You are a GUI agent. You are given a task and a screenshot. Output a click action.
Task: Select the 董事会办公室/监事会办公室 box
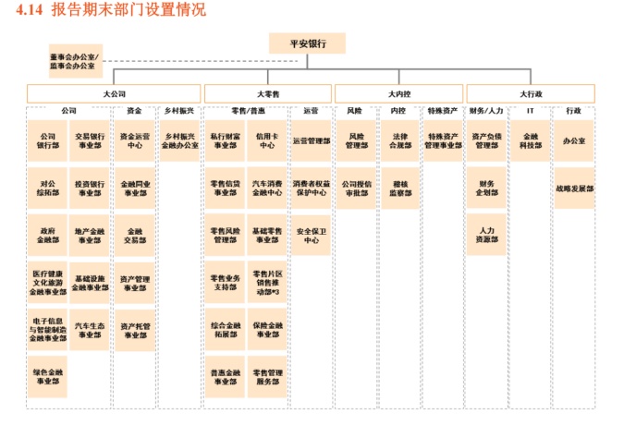pyautogui.click(x=74, y=61)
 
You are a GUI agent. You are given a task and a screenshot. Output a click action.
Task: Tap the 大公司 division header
pyautogui.click(x=114, y=93)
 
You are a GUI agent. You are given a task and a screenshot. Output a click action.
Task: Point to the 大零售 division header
pyautogui.click(x=267, y=93)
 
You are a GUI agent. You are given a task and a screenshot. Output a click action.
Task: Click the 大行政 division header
pyautogui.click(x=531, y=93)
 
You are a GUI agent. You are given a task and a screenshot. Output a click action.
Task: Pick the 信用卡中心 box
pyautogui.click(x=267, y=140)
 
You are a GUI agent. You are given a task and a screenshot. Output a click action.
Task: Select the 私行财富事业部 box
pyautogui.click(x=225, y=140)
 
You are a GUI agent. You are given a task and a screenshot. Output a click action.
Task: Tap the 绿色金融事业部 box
pyautogui.click(x=47, y=376)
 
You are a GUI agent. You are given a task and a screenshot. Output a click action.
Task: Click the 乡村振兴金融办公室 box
pyautogui.click(x=180, y=140)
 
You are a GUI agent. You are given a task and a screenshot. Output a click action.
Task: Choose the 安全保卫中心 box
pyautogui.click(x=312, y=235)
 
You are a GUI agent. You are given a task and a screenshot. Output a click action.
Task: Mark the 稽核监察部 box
pyautogui.click(x=399, y=188)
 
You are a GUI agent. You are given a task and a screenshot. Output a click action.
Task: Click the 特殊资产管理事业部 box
pyautogui.click(x=443, y=140)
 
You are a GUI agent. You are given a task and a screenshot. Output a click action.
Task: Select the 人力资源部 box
pyautogui.click(x=487, y=235)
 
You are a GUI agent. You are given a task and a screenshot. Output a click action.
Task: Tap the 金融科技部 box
pyautogui.click(x=531, y=140)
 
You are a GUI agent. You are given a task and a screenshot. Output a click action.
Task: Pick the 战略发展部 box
pyautogui.click(x=575, y=188)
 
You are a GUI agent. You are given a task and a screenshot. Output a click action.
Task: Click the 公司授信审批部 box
pyautogui.click(x=356, y=188)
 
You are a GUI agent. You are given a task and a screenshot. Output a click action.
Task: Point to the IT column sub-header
pyautogui.click(x=531, y=111)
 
